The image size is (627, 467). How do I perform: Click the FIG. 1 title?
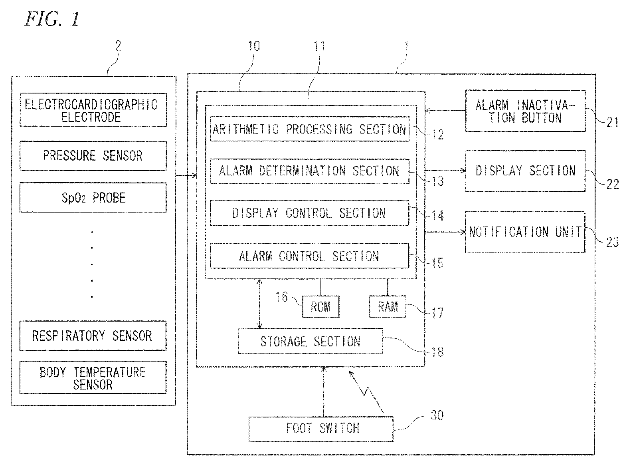[x=53, y=19]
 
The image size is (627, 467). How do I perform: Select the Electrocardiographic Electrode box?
[x=93, y=110]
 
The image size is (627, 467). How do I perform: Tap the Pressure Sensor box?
[x=93, y=156]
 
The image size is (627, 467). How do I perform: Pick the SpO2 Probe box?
[x=93, y=197]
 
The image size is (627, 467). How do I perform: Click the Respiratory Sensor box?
[x=93, y=336]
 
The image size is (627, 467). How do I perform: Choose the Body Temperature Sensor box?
[x=93, y=377]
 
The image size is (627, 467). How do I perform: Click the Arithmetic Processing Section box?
[x=310, y=129]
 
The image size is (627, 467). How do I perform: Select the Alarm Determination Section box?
[x=310, y=171]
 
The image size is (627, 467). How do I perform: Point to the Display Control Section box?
[x=310, y=213]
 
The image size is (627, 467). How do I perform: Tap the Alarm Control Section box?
[x=310, y=256]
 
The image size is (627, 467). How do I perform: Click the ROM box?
[x=321, y=307]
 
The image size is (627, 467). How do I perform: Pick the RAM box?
[x=388, y=307]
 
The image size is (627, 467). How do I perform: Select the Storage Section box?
[x=311, y=341]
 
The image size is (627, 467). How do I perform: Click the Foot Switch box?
[x=321, y=429]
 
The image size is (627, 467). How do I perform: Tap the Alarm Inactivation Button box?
[x=525, y=111]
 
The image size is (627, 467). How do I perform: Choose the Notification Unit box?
[x=525, y=232]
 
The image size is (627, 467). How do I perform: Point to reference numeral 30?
[x=437, y=415]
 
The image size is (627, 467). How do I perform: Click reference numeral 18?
[x=437, y=352]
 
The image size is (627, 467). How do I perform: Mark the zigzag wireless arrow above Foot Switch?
[x=366, y=392]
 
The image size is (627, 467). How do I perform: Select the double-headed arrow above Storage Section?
[x=259, y=304]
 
